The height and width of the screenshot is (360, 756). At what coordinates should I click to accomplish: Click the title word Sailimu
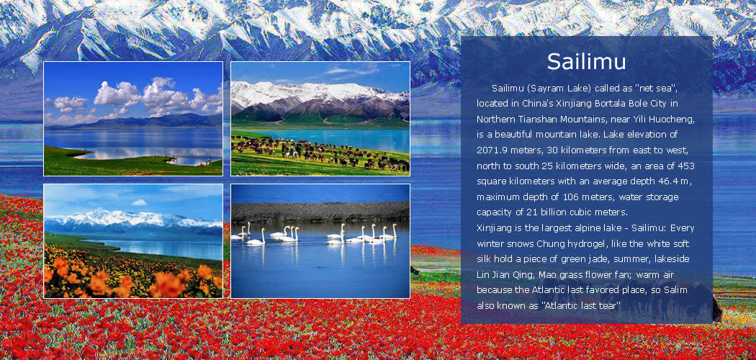point(586,62)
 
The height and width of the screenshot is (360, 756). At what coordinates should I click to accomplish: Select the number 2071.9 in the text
point(491,150)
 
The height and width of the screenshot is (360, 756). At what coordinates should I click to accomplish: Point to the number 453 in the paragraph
point(686,166)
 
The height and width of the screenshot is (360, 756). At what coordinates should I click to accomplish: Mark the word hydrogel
point(576,243)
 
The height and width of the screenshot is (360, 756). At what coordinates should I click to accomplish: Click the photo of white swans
point(320,241)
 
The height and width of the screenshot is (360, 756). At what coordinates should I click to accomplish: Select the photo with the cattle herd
point(320,119)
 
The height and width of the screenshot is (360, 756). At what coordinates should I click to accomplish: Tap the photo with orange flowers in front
point(133,241)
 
